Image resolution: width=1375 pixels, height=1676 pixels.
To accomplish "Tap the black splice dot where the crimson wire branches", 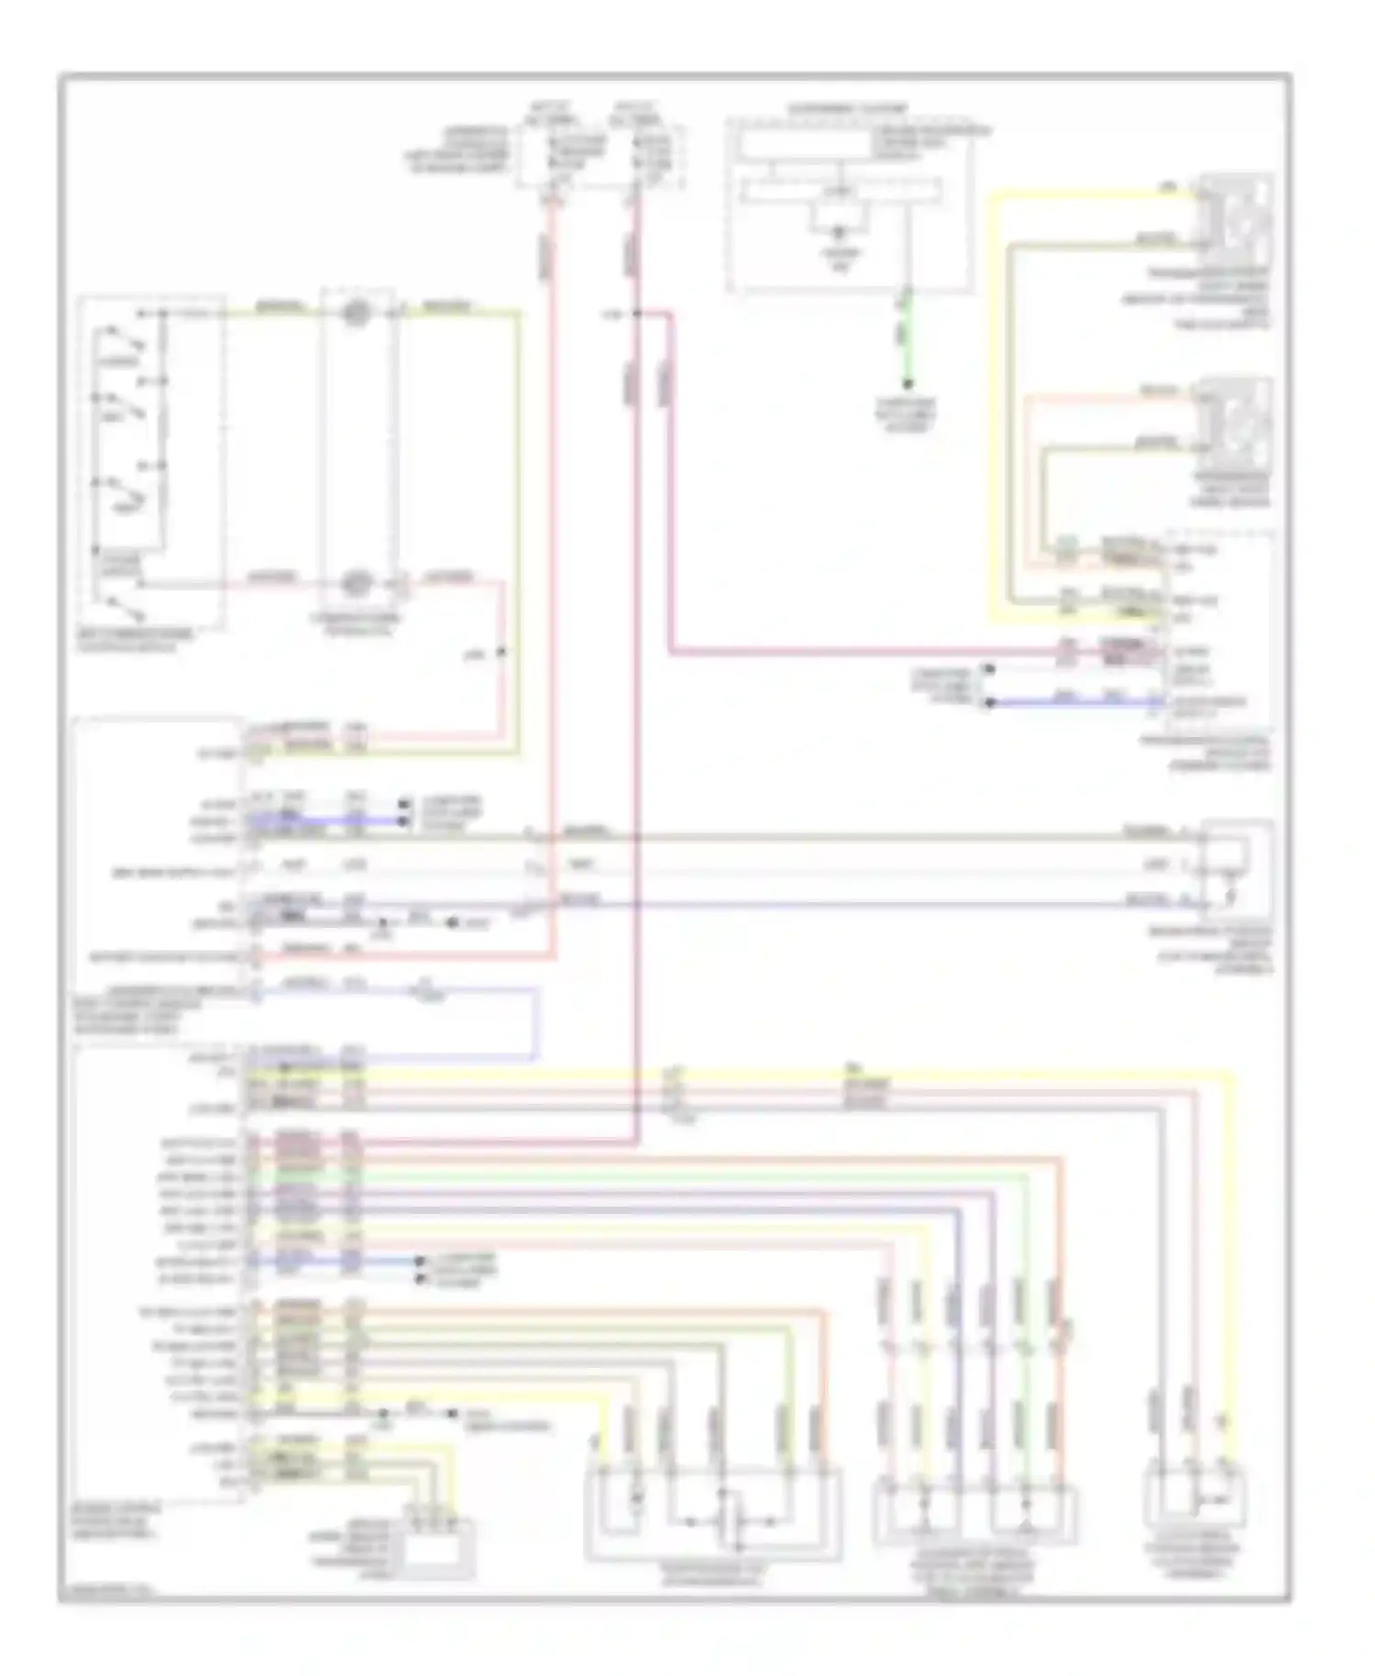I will pyautogui.click(x=636, y=314).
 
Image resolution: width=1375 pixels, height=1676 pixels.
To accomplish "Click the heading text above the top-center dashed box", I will pyautogui.click(x=847, y=109).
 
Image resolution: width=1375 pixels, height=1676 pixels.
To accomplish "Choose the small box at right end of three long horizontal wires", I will pyautogui.click(x=1237, y=866).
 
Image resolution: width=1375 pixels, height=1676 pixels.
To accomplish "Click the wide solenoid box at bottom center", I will pyautogui.click(x=712, y=1513).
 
